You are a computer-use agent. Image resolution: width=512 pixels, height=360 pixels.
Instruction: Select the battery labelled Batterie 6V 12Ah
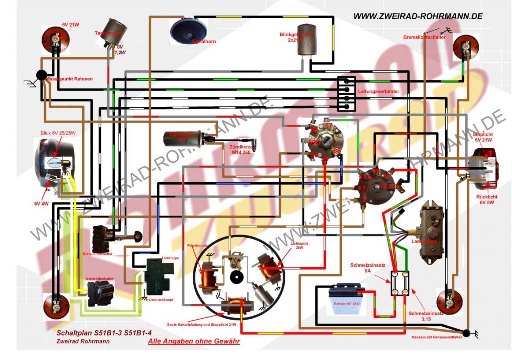coord(345,300)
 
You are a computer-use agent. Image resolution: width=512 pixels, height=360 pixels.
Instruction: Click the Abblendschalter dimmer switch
coord(100,293)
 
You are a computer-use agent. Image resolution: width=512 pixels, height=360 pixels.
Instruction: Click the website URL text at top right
coord(418,16)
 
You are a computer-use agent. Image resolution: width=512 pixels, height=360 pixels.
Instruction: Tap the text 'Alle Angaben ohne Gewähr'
coord(194,342)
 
